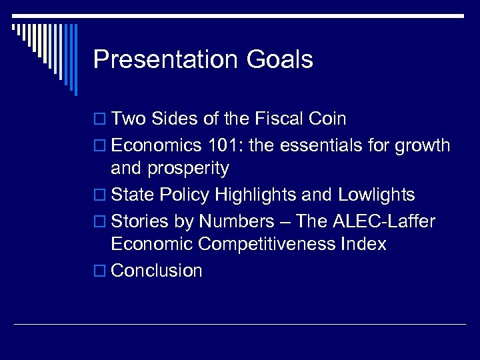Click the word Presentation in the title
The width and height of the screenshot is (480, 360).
point(166,60)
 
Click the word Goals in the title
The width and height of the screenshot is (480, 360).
point(279,60)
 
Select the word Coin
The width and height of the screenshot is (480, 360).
point(329,119)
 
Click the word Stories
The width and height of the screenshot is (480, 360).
point(138,220)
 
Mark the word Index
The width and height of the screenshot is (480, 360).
point(364,244)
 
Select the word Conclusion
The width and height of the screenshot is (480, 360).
point(157,270)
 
